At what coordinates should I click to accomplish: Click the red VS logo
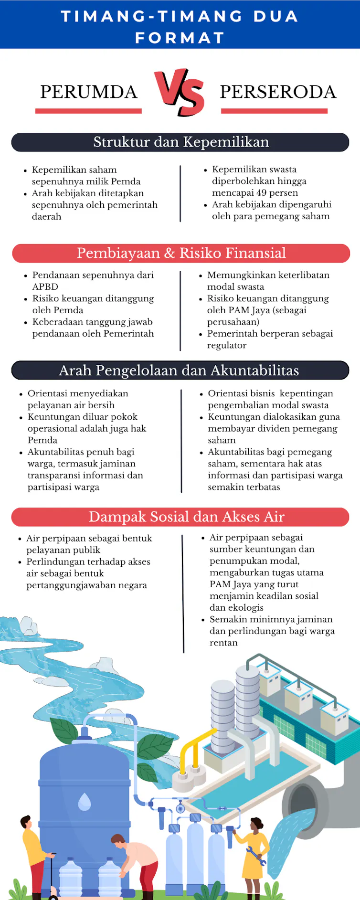180,92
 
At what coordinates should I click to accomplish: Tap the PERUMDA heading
88,92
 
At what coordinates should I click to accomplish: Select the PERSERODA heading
278,92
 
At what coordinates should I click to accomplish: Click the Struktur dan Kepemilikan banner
180,142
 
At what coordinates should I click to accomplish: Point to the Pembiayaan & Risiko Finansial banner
181,253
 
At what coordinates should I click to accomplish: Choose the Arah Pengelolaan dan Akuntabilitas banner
180,371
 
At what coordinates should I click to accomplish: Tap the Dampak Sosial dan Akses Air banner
186,517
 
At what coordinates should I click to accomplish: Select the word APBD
45,286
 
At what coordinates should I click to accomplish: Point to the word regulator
227,345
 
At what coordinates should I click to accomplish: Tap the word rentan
223,643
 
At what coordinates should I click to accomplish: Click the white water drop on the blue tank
85,802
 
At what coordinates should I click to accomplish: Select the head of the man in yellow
25,821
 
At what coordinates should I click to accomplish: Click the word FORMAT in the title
180,38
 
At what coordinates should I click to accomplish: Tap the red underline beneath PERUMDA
88,111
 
